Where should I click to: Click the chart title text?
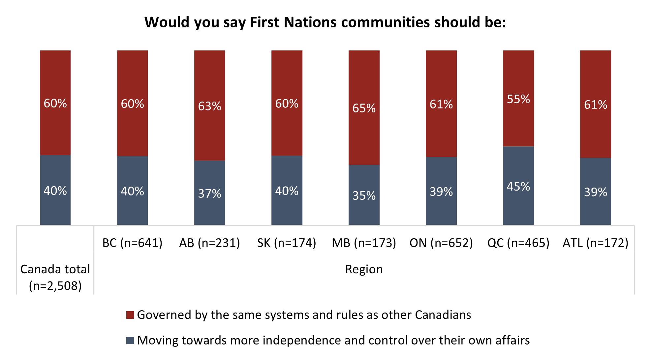[x=325, y=22]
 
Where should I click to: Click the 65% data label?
[x=364, y=108]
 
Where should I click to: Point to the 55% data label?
[x=518, y=99]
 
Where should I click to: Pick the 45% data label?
[x=518, y=187]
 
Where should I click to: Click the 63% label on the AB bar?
[x=209, y=106]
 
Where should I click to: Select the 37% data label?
[x=209, y=194]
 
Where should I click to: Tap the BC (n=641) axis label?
[x=132, y=243]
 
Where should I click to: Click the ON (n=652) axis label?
[x=441, y=243]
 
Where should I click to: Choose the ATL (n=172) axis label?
[x=595, y=243]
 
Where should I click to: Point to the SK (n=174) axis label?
[x=287, y=243]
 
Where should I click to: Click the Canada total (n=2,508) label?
[x=55, y=277]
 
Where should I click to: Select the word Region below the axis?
[x=364, y=269]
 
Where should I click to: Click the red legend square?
[x=130, y=315]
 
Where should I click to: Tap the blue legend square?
[x=130, y=340]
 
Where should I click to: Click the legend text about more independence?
[x=333, y=340]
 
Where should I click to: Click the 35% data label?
[x=364, y=196]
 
